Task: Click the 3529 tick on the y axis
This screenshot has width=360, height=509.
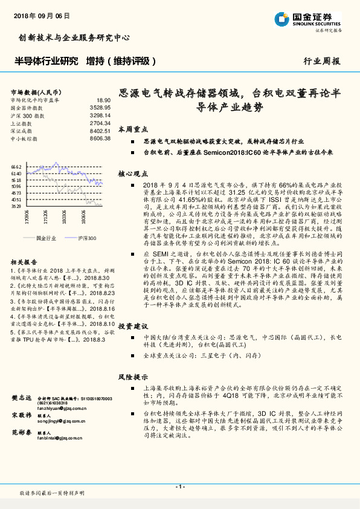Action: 16,206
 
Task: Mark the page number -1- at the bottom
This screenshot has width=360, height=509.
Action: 179,486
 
